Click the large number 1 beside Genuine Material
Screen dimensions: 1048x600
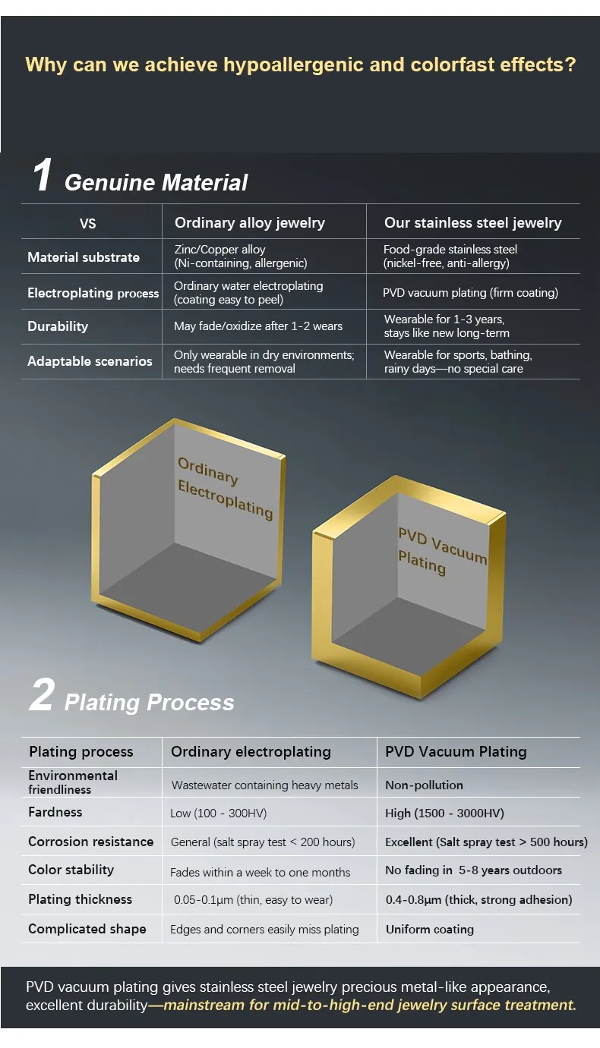(x=43, y=175)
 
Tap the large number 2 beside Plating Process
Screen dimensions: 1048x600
(x=42, y=696)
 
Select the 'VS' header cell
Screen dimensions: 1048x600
(x=88, y=224)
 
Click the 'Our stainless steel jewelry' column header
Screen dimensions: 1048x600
(x=472, y=223)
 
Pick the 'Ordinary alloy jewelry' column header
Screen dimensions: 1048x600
(x=249, y=223)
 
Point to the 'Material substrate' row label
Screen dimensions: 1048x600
(x=84, y=257)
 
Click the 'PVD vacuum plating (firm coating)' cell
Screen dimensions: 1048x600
(x=471, y=293)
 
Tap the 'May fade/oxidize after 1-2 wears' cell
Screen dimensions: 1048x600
(x=258, y=326)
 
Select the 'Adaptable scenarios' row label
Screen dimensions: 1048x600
(x=90, y=361)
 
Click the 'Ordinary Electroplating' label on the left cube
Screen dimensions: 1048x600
(x=225, y=487)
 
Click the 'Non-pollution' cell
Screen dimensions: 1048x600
(x=424, y=785)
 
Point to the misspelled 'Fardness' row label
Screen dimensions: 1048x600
(x=55, y=812)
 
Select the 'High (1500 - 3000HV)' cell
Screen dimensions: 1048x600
(x=444, y=814)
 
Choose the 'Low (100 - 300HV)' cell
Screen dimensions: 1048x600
(x=218, y=814)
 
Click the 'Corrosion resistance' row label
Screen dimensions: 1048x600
(x=90, y=842)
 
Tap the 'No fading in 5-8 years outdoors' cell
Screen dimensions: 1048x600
(x=473, y=870)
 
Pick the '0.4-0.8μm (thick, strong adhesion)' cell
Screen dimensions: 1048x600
(x=478, y=900)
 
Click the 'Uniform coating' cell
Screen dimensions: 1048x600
(x=429, y=930)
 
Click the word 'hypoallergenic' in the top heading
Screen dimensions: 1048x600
(x=293, y=65)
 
